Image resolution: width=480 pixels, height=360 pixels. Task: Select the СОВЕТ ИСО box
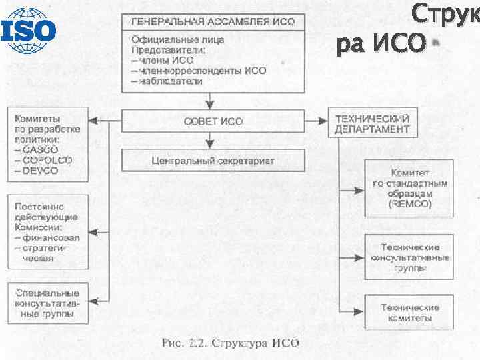click(x=213, y=122)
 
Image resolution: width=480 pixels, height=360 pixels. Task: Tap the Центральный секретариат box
click(x=213, y=161)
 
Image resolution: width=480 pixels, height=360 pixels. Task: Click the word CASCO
click(x=39, y=150)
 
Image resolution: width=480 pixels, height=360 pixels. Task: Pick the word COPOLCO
click(x=44, y=160)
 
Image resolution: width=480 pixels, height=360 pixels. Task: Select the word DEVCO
click(x=41, y=171)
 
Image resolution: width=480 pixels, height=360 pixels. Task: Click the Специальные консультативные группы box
click(x=48, y=303)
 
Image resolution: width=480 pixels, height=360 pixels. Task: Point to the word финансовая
click(x=51, y=238)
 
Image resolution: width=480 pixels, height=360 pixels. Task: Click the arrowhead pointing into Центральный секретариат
click(x=210, y=145)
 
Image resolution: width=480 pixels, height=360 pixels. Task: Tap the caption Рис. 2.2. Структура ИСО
click(x=231, y=343)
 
